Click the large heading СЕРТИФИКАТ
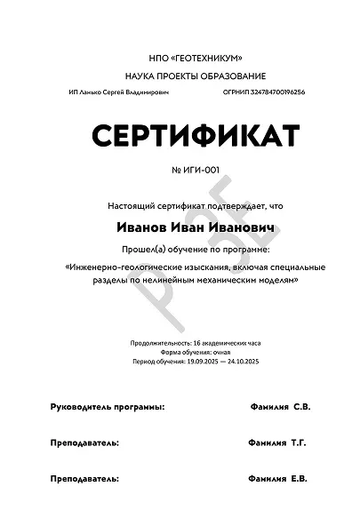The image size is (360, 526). pyautogui.click(x=192, y=136)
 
